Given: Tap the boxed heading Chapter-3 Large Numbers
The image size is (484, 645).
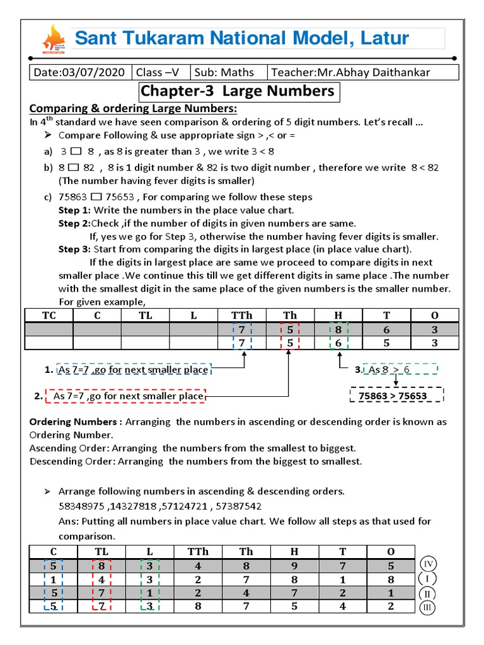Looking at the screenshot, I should (x=238, y=91).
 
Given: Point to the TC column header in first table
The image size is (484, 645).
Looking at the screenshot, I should (x=49, y=315).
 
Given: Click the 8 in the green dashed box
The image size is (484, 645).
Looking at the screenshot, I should (x=338, y=329).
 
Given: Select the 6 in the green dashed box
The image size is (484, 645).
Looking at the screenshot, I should (x=338, y=343).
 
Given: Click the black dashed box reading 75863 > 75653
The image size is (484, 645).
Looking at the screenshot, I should (x=396, y=396).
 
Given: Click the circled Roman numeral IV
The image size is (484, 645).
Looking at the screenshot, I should (x=428, y=564).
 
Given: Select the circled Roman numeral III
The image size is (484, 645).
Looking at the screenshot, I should (x=428, y=608).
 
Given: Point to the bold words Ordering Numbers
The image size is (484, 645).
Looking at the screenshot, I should (x=73, y=421).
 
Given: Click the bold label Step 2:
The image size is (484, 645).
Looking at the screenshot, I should (x=74, y=224).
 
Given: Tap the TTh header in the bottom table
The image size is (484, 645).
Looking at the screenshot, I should (x=197, y=552).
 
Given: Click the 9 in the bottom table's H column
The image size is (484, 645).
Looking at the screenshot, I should (x=294, y=566).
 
